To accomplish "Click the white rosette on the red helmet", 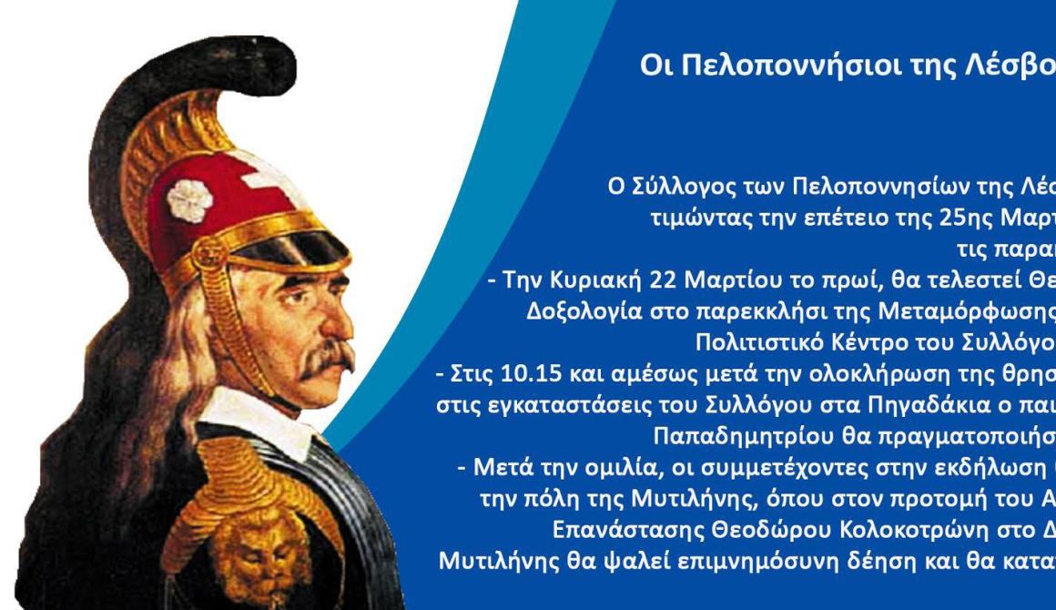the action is coord(189,200).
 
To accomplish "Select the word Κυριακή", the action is coord(594,280).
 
